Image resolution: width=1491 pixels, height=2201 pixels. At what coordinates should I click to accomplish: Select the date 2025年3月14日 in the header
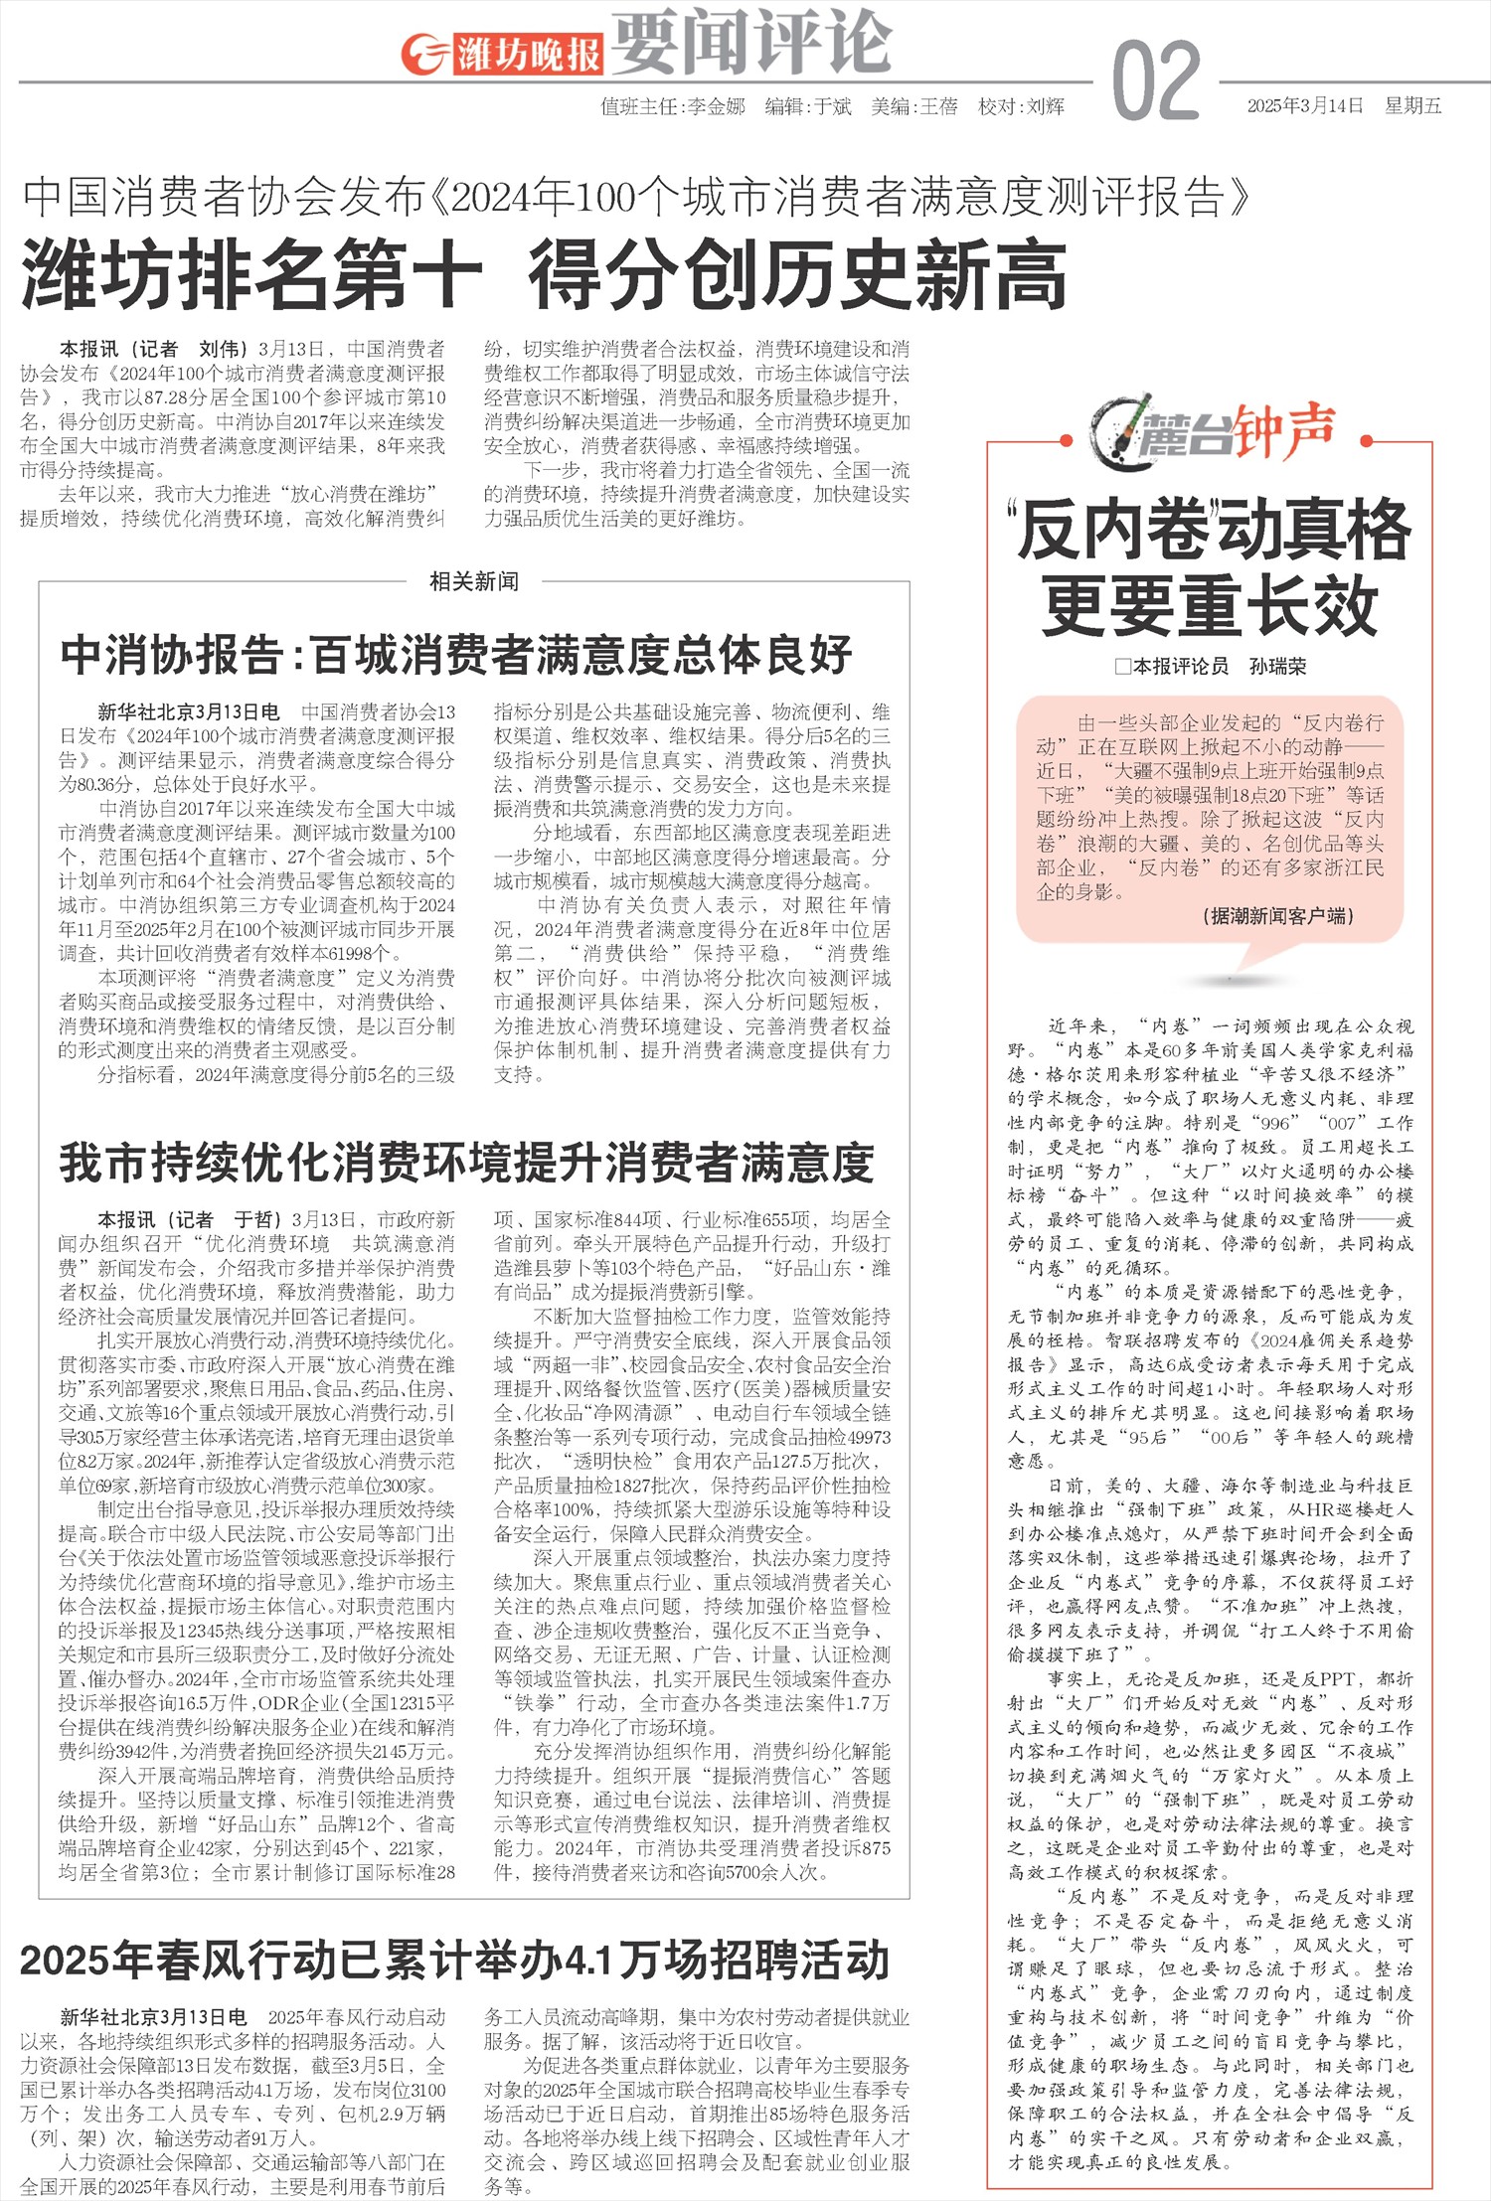[x=1305, y=106]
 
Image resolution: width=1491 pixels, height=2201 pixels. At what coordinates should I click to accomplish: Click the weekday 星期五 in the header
[x=1412, y=106]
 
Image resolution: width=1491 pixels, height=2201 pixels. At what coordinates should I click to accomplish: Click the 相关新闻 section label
[x=473, y=581]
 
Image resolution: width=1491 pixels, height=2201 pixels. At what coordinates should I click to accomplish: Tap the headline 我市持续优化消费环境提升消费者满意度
[x=466, y=1164]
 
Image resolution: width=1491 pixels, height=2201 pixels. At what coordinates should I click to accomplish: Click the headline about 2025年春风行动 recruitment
[x=454, y=1960]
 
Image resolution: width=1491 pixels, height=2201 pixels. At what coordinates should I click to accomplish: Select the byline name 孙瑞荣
[x=1278, y=667]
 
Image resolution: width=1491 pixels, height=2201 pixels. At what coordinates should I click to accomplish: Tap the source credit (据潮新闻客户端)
[x=1277, y=915]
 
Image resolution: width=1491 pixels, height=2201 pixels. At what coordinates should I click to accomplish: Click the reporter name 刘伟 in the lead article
[x=221, y=349]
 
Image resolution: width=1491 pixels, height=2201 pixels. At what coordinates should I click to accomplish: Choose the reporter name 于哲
[x=256, y=1219]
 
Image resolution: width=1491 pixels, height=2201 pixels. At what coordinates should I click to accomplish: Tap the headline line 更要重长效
[x=1210, y=607]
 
